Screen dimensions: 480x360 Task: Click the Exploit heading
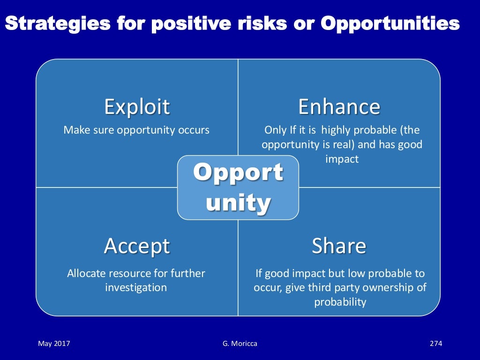point(137,107)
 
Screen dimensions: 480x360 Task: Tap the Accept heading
point(136,246)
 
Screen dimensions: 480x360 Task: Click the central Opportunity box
point(238,187)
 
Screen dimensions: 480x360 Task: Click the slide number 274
point(436,344)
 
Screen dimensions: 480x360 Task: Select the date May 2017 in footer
point(54,344)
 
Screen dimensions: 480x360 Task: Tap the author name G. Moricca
point(240,344)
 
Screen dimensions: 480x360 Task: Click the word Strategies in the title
point(58,23)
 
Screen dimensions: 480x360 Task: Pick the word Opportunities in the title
point(390,23)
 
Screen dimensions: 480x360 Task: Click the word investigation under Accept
point(136,287)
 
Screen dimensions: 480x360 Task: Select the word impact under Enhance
point(342,159)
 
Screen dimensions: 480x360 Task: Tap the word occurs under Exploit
point(194,130)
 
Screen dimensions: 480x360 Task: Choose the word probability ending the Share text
point(340,302)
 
